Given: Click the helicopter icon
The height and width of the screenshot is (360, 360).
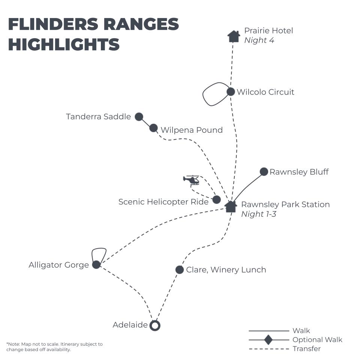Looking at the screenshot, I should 192,180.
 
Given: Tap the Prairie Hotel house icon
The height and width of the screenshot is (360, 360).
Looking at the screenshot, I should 234,36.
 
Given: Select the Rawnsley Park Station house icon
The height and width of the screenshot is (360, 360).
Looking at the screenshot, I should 231,206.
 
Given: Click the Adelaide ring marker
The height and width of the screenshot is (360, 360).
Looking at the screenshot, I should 155,325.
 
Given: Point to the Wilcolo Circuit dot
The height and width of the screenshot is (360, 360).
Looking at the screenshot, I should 231,91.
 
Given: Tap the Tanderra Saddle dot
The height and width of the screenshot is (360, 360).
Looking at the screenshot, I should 139,117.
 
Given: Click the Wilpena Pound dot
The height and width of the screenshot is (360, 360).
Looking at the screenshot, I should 153,128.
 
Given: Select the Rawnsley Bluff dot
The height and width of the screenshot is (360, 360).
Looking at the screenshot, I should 264,172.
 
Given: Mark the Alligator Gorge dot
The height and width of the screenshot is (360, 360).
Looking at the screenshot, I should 96,265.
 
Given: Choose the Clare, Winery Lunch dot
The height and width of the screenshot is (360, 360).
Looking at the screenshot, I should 180,270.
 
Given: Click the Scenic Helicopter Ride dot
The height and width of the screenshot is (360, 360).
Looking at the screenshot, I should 216,199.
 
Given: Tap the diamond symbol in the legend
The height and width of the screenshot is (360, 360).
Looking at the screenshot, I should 268,340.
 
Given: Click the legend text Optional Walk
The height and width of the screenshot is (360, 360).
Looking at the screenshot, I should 317,340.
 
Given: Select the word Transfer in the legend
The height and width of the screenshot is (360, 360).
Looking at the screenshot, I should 306,349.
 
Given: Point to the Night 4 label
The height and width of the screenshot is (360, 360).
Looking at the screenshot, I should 259,40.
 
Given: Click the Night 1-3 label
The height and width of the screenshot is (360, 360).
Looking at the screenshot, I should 258,214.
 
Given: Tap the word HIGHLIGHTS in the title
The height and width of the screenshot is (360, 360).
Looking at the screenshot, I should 64,45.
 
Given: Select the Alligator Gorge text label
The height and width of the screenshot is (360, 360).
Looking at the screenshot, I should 59,265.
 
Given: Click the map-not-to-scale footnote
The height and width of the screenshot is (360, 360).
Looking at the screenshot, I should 54,346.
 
